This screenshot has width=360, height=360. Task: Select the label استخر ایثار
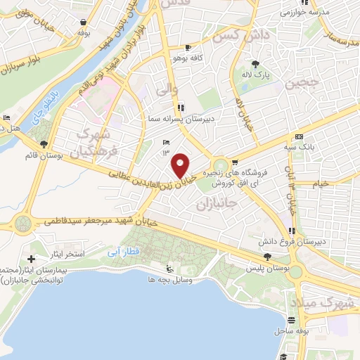[65, 252]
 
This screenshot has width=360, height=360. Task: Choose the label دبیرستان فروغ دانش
[314, 241]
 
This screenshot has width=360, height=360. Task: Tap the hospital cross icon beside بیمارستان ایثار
[31, 259]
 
